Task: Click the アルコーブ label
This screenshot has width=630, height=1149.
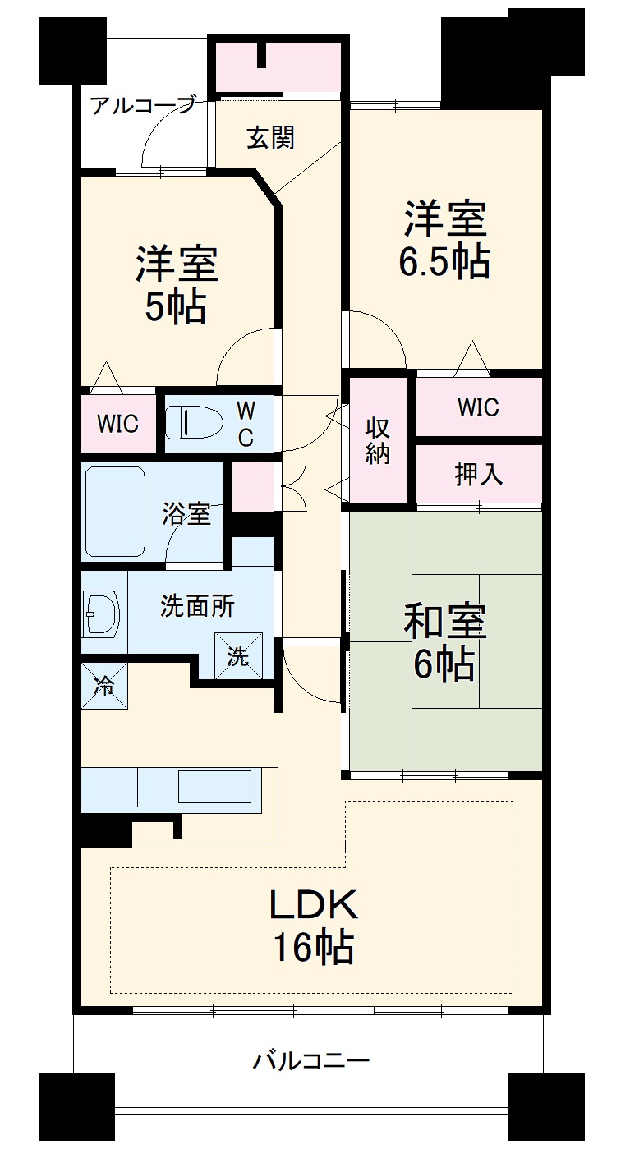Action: [x=143, y=105]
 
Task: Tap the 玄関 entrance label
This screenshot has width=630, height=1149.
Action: [x=270, y=138]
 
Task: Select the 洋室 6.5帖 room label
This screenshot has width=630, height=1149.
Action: [x=444, y=240]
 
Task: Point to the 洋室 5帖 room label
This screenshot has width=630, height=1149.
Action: [x=177, y=284]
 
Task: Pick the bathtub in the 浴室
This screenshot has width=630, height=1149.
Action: [x=116, y=512]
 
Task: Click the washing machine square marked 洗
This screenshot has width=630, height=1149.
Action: [x=238, y=656]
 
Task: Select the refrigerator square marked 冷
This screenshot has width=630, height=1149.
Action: [x=104, y=684]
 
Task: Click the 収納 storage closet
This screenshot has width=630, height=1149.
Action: [x=378, y=440]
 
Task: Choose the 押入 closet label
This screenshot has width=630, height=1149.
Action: [x=479, y=474]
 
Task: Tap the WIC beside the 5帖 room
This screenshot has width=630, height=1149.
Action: [x=118, y=424]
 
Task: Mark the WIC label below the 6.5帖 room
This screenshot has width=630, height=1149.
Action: [x=479, y=407]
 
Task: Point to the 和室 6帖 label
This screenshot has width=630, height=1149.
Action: [x=444, y=642]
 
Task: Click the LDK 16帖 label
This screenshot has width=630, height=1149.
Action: [x=313, y=926]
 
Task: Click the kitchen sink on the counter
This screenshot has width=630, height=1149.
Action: [x=214, y=787]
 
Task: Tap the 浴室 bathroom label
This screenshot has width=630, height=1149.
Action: [x=186, y=515]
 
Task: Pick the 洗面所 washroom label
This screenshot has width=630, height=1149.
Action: [x=197, y=606]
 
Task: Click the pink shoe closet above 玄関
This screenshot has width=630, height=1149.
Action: [x=278, y=66]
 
